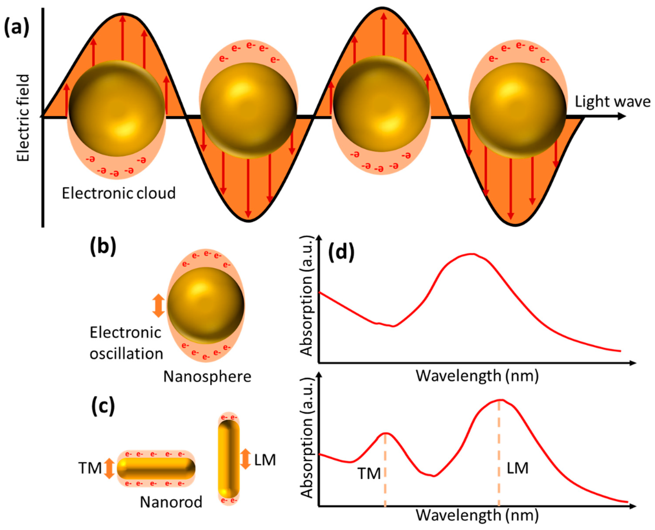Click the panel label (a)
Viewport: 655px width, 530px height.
pos(16,27)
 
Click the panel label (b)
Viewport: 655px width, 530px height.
pos(103,247)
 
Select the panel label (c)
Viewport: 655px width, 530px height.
pos(103,406)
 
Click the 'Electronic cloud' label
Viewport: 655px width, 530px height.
pos(119,193)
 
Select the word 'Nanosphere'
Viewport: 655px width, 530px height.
pos(207,377)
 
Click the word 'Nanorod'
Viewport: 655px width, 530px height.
pos(171,502)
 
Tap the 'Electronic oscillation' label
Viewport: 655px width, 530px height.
pos(126,343)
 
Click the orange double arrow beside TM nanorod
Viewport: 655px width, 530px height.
pos(109,469)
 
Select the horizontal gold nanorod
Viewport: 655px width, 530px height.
pos(156,468)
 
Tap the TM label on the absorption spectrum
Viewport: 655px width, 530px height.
pos(369,474)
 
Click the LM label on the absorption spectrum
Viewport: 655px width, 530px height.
pos(517,468)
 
